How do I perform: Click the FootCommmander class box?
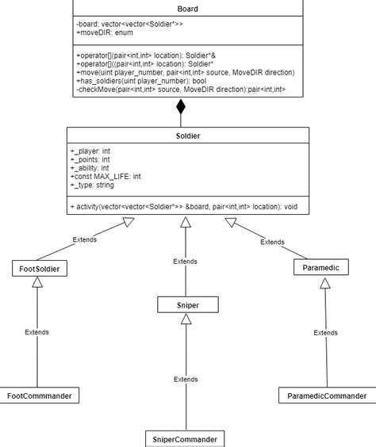click(x=40, y=395)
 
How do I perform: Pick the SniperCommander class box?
click(x=184, y=438)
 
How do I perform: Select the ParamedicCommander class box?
click(x=326, y=395)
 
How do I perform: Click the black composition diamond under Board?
click(x=181, y=108)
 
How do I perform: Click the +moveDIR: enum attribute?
click(x=105, y=35)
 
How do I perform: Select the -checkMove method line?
click(x=180, y=90)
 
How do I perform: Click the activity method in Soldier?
click(x=182, y=206)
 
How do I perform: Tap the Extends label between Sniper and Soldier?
click(x=185, y=261)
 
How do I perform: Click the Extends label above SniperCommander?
click(x=186, y=380)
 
